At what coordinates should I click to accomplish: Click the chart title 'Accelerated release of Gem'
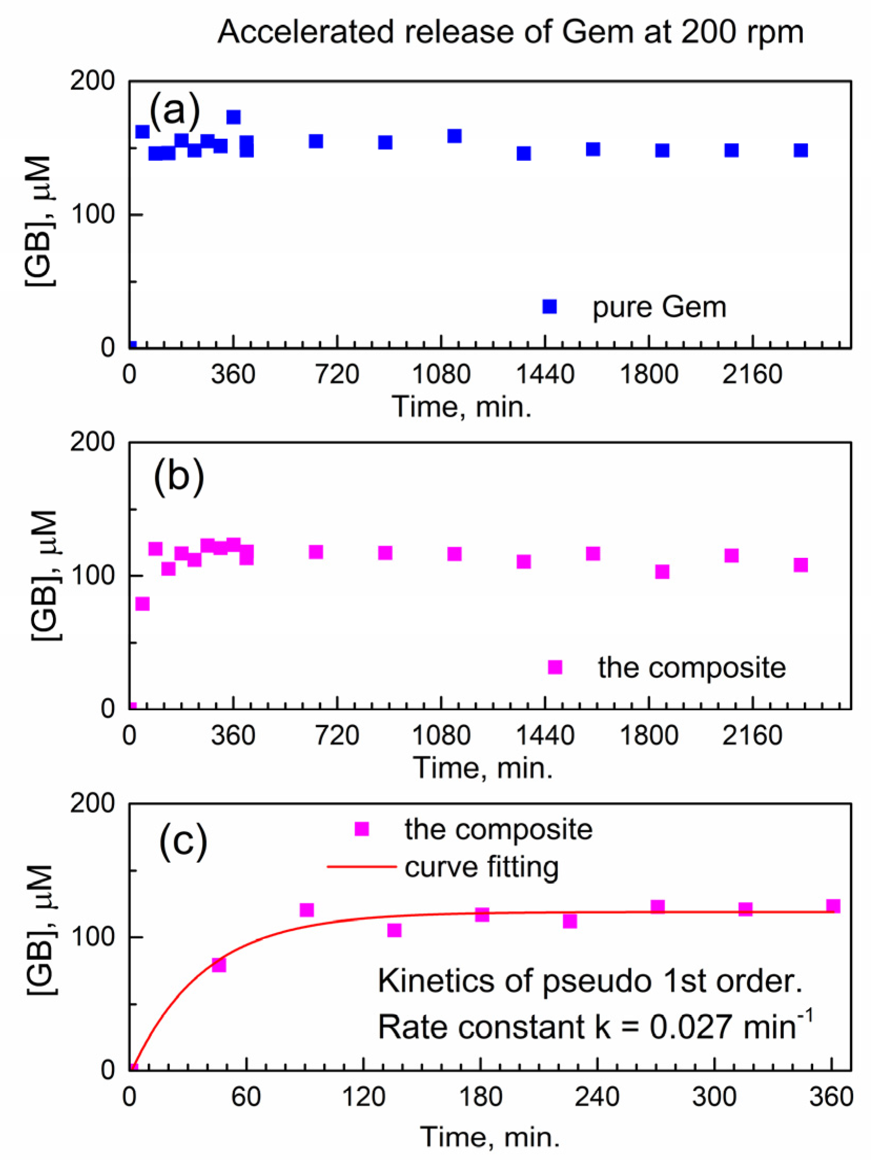point(510,33)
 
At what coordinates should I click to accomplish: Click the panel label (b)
point(179,475)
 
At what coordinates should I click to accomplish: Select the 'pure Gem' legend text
point(659,307)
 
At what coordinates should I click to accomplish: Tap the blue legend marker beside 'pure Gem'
point(549,306)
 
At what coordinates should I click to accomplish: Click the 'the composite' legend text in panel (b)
point(691,668)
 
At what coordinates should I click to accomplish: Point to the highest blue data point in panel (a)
point(233,117)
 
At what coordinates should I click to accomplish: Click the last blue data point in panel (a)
point(801,150)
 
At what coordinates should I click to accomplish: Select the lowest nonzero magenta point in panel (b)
point(142,604)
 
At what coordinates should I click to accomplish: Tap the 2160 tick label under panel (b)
point(752,736)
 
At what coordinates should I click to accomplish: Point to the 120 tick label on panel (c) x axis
point(364,1097)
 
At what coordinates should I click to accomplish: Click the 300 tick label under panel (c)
point(714,1097)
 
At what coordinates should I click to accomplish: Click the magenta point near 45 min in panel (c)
point(219,965)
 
